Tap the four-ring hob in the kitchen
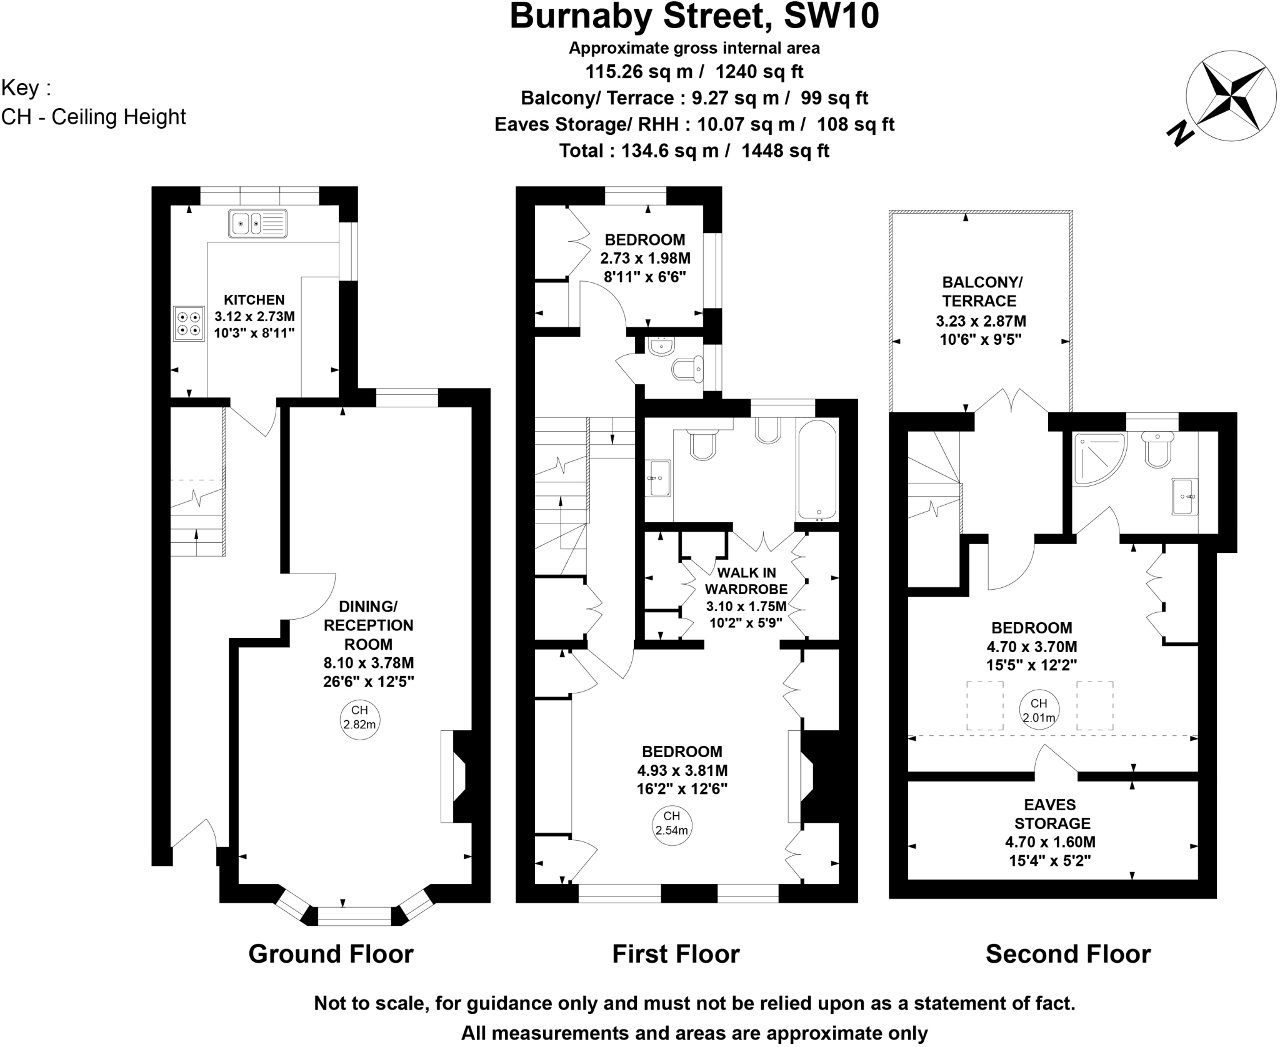point(189,323)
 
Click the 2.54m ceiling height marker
point(671,824)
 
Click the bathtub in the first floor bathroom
point(816,470)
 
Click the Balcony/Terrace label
point(979,291)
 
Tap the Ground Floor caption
point(331,955)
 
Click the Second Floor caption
point(1067,955)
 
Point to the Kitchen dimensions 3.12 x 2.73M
point(254,317)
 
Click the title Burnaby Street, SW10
point(694,17)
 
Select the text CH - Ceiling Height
point(94,117)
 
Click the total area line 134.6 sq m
point(694,151)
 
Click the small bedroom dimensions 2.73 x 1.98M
point(645,258)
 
